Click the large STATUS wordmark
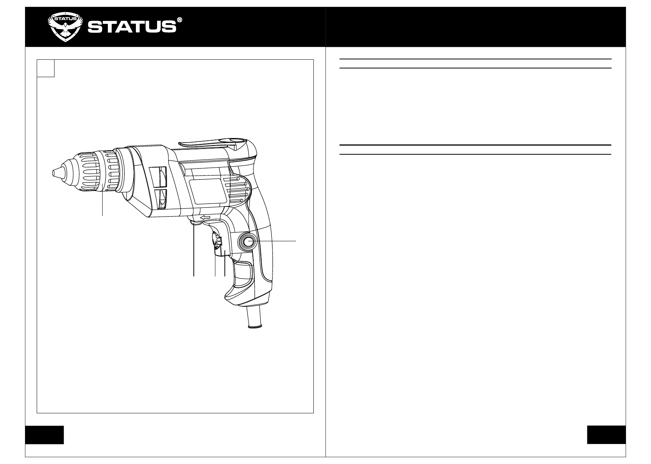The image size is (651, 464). (132, 27)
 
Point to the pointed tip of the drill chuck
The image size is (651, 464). (53, 173)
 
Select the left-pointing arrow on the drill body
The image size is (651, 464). (205, 217)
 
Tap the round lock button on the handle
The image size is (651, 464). (248, 242)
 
